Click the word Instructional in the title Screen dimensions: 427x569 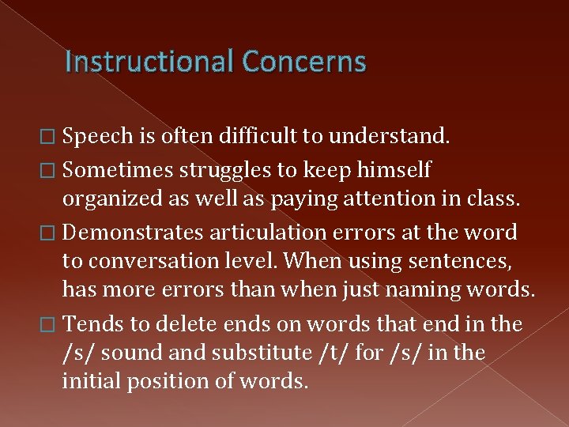point(150,61)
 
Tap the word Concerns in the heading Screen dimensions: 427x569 point(304,61)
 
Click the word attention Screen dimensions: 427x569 point(363,198)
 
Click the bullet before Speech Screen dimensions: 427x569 point(51,137)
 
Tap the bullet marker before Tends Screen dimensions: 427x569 point(51,323)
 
